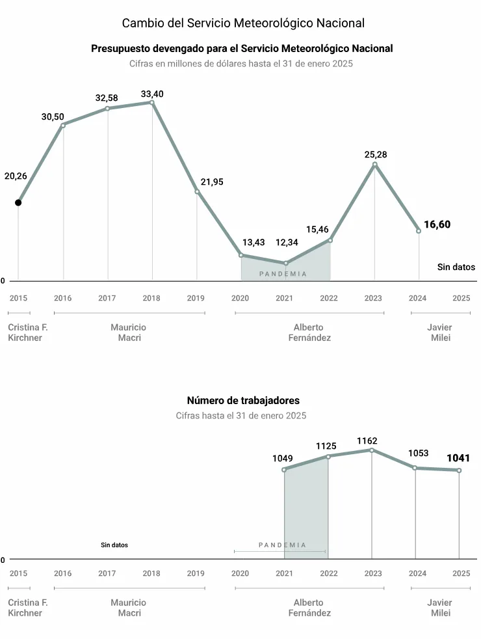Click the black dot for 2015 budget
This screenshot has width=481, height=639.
click(x=18, y=202)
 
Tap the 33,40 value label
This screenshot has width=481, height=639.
click(x=152, y=94)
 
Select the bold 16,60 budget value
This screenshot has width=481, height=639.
click(x=437, y=224)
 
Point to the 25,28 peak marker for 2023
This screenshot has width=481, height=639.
click(x=374, y=165)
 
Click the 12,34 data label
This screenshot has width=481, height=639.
click(x=287, y=242)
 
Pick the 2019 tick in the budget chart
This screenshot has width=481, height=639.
click(x=196, y=298)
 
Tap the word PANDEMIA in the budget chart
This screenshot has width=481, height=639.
click(x=283, y=274)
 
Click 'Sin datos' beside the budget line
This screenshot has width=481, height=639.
click(x=456, y=267)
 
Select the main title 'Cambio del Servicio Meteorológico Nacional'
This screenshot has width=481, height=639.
click(x=243, y=23)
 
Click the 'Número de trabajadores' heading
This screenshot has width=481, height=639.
click(x=243, y=401)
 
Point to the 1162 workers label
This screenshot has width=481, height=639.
click(x=367, y=441)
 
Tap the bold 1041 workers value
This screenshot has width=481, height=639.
click(x=458, y=458)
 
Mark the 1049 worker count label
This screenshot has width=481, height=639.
click(x=283, y=458)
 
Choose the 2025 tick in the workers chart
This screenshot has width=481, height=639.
click(x=461, y=573)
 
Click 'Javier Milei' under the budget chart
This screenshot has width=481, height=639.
click(x=440, y=333)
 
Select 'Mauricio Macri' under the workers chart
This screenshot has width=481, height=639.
click(x=129, y=608)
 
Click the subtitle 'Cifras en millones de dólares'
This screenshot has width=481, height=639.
click(x=241, y=64)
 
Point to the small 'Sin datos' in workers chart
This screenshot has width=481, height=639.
click(x=114, y=545)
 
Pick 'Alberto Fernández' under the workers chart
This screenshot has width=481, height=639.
click(x=309, y=608)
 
